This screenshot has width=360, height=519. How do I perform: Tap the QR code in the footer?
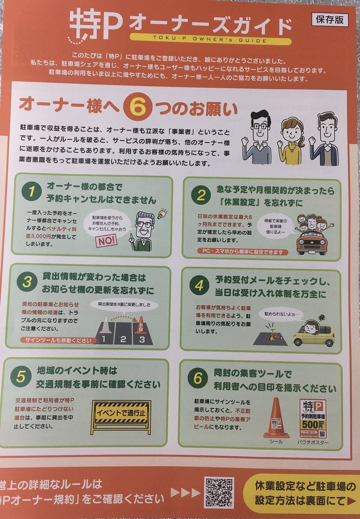(x=219, y=492)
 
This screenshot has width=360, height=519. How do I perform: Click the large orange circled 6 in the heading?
(x=134, y=106)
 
